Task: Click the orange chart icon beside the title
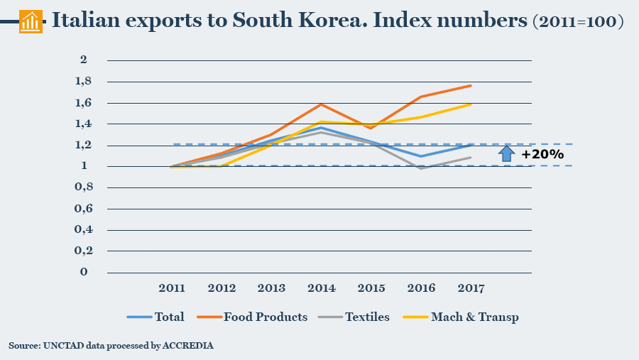coord(30,21)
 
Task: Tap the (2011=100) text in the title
coord(577,22)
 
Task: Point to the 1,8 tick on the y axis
coord(85,82)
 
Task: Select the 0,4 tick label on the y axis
coord(85,230)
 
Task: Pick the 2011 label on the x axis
coord(172,288)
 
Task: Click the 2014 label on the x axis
coord(322,288)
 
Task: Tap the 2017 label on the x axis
coord(471,288)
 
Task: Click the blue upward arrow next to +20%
coord(506,153)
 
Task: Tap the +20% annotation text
coord(542,154)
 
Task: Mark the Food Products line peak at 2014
coord(322,104)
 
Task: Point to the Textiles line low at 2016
coord(421,168)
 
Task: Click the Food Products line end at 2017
coord(471,85)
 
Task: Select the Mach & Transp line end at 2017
coord(471,104)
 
